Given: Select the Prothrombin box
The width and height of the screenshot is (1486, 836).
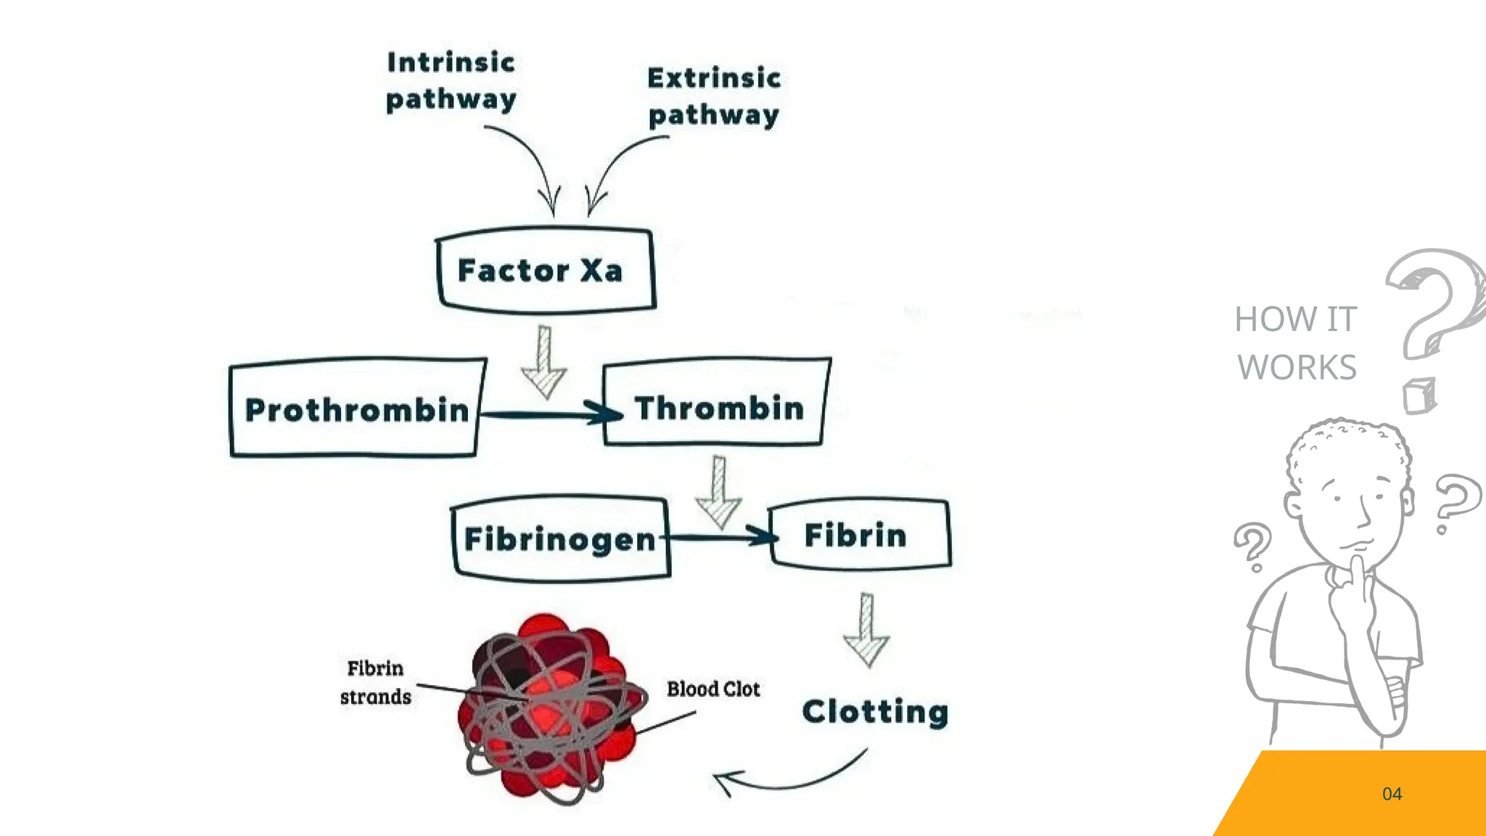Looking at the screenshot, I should click(356, 409).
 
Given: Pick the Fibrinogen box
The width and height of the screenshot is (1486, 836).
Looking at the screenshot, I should click(560, 538).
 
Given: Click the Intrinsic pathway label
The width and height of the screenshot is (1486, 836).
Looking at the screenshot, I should click(451, 81).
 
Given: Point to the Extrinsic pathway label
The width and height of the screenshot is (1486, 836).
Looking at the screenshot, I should click(714, 96).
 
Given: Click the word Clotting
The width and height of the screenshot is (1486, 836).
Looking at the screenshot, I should click(875, 711).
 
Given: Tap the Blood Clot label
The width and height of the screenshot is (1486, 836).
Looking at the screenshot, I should click(713, 689).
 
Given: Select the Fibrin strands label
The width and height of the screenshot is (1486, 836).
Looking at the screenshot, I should click(375, 682).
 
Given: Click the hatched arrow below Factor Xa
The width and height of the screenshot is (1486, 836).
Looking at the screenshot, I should click(544, 363).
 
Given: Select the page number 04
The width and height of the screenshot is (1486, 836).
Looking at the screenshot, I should click(1392, 794).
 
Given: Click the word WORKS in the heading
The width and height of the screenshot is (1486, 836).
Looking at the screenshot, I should click(1297, 367).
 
